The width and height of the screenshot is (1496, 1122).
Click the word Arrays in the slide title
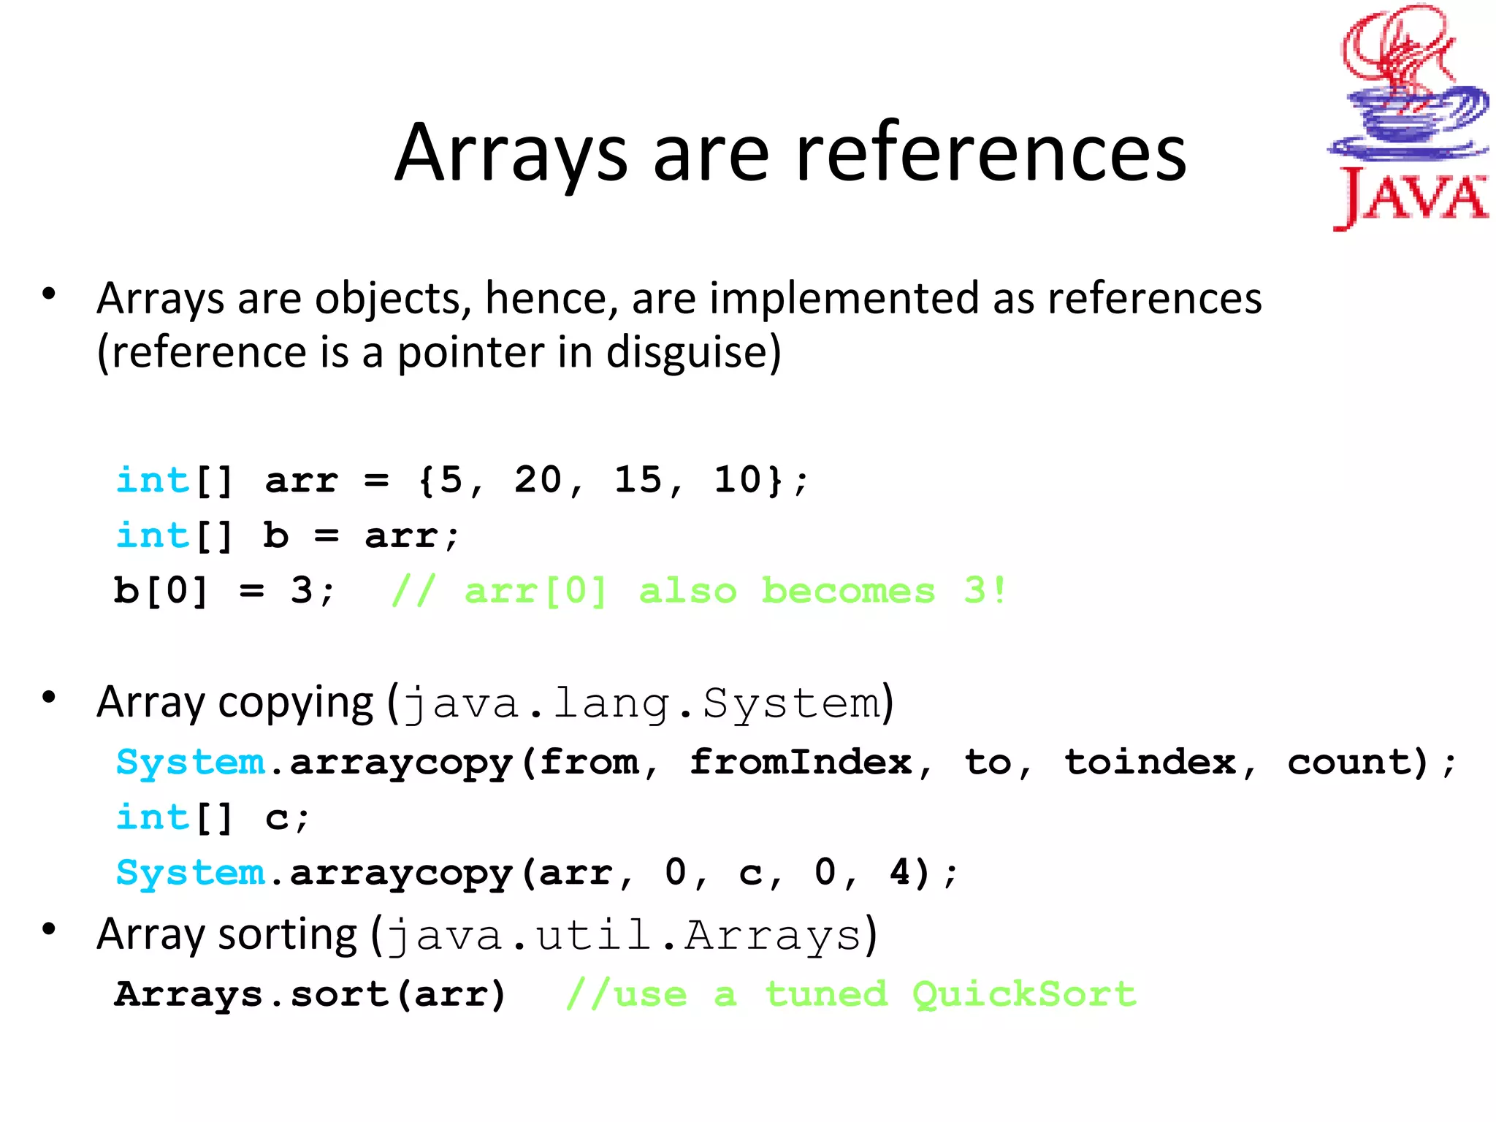coord(511,154)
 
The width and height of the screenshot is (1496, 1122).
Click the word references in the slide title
coord(991,154)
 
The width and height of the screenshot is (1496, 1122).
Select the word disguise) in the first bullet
coord(693,353)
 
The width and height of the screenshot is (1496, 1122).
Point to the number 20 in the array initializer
coord(538,480)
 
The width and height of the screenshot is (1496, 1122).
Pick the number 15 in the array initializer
coord(638,480)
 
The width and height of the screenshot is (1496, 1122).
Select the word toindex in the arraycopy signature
coord(1150,763)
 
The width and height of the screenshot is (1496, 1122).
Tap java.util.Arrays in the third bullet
coord(625,936)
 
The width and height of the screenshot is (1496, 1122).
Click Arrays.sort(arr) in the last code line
coord(310,994)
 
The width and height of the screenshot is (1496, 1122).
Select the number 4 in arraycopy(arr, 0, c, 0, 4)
coord(900,872)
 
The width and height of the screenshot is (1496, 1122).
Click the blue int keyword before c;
coord(153,817)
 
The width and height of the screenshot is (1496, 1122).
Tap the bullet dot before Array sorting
coord(49,930)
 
